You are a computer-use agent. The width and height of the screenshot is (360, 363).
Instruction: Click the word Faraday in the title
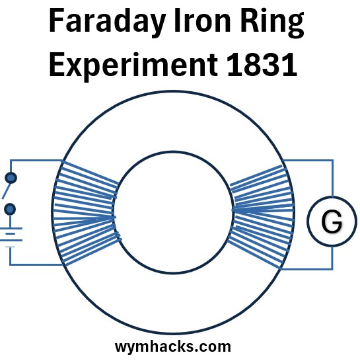107,22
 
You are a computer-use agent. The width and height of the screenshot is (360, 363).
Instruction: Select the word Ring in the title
272,22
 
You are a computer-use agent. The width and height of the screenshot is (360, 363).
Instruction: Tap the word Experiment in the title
133,65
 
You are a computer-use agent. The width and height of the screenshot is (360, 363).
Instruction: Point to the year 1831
262,64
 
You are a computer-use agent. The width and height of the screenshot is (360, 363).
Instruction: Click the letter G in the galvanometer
332,221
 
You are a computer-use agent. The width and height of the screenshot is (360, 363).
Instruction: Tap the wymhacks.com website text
173,347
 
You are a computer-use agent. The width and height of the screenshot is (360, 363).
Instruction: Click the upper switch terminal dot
11,178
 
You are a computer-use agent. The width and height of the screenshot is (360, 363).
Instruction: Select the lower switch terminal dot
10,210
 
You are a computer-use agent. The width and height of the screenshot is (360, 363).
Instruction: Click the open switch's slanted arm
6,190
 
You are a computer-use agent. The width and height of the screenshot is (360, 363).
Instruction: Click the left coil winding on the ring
87,213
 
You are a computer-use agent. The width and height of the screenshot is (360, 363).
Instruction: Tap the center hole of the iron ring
173,212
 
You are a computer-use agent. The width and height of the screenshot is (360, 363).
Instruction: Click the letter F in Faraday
56,20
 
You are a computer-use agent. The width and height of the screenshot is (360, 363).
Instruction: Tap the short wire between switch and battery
10,222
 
